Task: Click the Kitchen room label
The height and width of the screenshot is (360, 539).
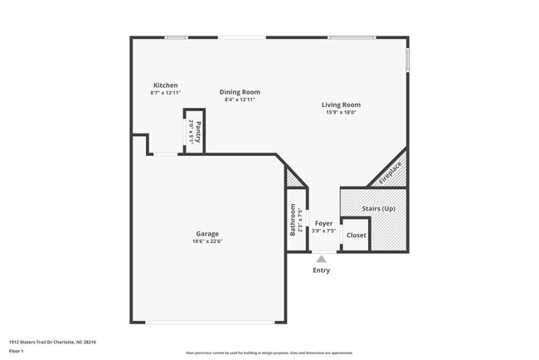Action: [x=165, y=85]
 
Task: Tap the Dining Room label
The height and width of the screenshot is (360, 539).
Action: [x=240, y=92]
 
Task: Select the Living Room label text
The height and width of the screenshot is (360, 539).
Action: [x=341, y=105]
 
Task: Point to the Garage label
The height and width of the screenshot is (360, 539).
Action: [x=207, y=234]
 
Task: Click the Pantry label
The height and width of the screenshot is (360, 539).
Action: [x=197, y=132]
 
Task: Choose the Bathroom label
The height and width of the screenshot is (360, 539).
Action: [x=293, y=221]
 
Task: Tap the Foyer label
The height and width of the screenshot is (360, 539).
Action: [x=323, y=223]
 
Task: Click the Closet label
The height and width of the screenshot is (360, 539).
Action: [x=356, y=235]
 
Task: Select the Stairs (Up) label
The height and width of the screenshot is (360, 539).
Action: [x=377, y=209]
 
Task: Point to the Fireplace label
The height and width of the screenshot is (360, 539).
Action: [x=391, y=173]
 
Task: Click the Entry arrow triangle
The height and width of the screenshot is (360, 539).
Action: [x=321, y=259]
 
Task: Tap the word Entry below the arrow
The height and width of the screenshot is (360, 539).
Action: [x=321, y=270]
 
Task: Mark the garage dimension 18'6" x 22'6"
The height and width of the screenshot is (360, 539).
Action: [x=207, y=242]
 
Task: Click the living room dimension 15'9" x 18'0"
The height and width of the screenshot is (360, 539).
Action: [x=341, y=113]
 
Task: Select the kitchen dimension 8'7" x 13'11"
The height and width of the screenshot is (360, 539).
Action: [x=165, y=93]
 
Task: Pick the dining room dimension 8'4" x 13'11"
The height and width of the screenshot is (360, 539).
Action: [x=240, y=100]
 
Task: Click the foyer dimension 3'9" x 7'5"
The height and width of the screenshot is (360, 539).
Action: [x=323, y=231]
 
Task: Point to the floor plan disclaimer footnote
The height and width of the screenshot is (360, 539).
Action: [x=269, y=352]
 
